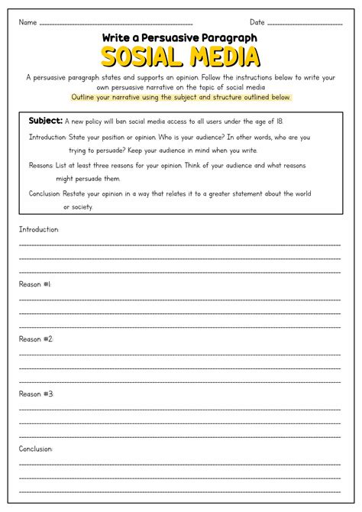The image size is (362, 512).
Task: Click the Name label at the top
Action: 27,22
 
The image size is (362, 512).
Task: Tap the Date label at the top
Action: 257,22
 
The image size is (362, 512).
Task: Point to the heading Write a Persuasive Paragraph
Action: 180,37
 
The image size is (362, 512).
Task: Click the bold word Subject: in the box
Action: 45,121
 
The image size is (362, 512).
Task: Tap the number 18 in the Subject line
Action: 279,122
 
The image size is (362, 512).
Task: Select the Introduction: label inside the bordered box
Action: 48,138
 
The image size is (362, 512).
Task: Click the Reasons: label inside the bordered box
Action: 41,165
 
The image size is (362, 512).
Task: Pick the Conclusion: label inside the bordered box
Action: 47,193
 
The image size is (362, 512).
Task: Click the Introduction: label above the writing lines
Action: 39,229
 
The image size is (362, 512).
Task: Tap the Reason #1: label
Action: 36,284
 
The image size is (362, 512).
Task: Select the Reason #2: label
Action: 36,339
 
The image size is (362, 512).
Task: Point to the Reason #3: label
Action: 36,394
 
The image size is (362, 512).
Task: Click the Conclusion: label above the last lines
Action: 36,449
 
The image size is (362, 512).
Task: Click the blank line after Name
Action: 115,24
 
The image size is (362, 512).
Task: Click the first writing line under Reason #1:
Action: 180,299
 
